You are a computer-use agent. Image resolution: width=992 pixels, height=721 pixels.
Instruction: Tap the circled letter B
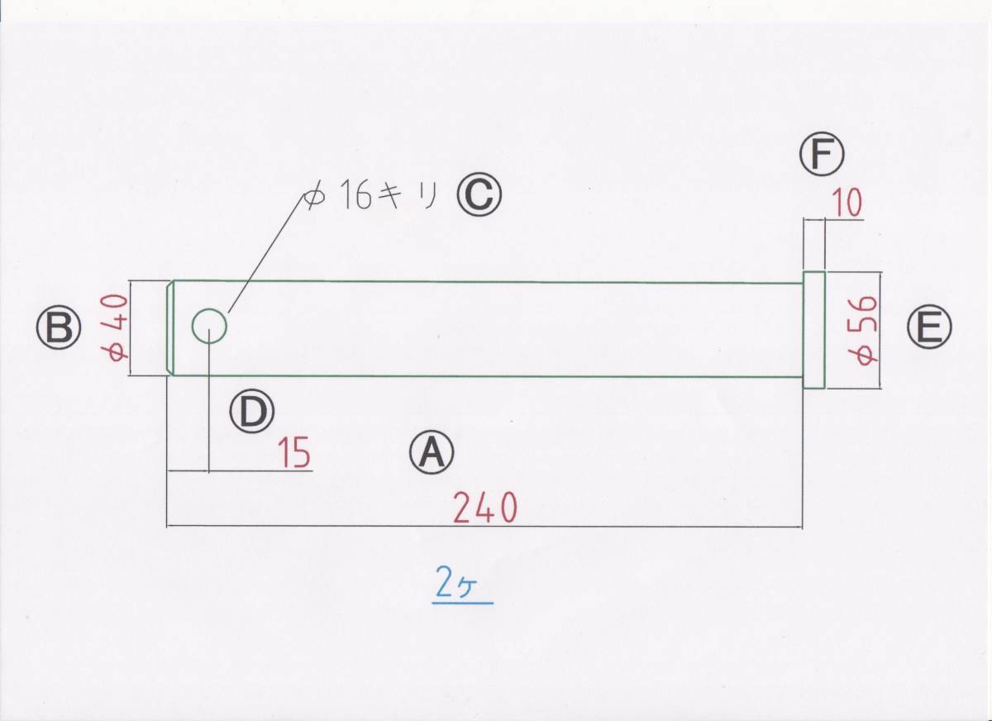pos(58,329)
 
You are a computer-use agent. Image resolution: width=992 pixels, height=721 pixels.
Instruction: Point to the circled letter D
pos(252,411)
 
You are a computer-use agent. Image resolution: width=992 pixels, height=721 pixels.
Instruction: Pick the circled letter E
pos(929,329)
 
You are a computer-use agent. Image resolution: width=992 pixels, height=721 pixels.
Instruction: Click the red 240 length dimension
pos(484,508)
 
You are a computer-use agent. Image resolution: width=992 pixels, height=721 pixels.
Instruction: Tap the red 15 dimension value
pos(293,454)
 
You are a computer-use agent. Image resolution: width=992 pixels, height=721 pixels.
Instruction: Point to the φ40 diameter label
pos(115,328)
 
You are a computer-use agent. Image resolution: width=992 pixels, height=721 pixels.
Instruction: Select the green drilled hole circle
pos(209,327)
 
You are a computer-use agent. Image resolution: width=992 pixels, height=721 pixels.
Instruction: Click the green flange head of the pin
pos(814,329)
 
